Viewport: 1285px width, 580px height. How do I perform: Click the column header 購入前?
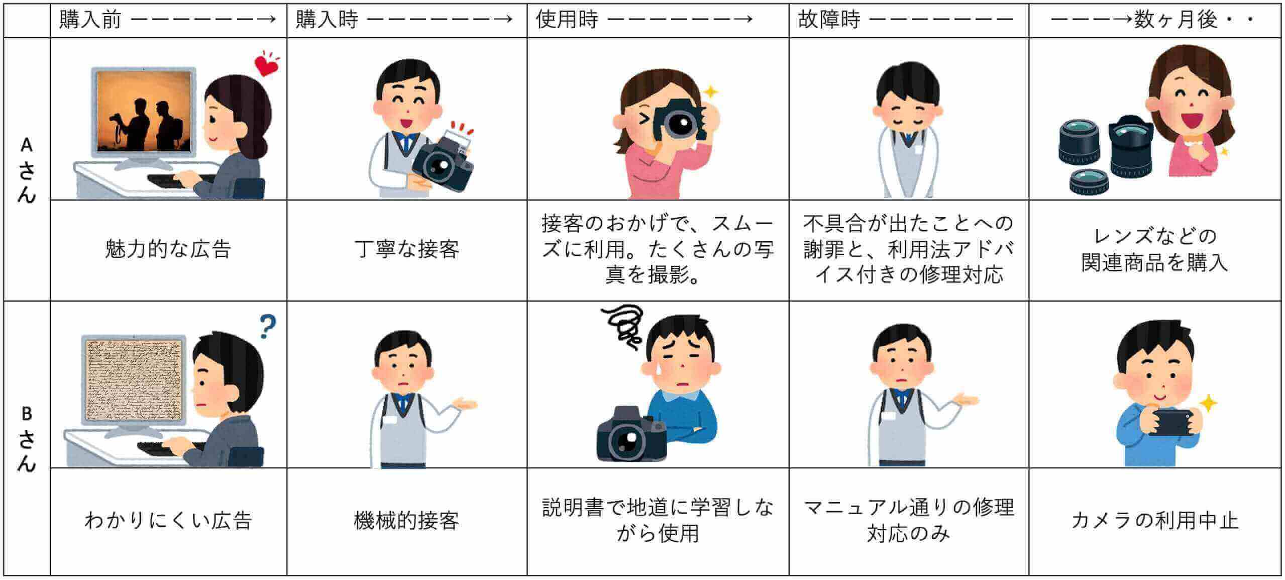point(90,20)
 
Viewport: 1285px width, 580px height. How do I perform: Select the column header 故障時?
point(829,20)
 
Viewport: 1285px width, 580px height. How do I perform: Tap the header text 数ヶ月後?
point(1175,20)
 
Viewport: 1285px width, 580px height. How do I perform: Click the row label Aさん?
point(26,171)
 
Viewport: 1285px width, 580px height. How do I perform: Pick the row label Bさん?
point(26,440)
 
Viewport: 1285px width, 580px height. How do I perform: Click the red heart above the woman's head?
point(266,65)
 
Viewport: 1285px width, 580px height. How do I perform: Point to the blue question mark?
point(267,327)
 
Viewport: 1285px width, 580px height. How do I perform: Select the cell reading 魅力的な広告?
point(168,249)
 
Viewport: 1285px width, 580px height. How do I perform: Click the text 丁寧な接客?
point(406,249)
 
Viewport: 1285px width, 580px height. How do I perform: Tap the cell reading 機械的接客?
point(406,521)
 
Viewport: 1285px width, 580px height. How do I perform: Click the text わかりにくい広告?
point(168,521)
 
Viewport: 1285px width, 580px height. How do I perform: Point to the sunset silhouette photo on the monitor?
point(144,111)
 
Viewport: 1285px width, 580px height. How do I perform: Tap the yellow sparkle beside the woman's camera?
point(710,92)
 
